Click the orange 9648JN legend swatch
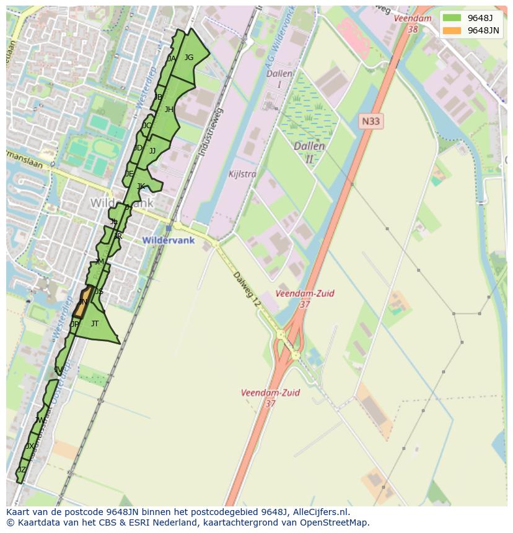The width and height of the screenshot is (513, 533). pos(452,30)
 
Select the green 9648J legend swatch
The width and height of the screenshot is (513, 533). pos(452,17)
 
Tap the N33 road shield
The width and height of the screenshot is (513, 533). pos(370,121)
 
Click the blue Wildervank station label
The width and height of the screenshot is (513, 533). pos(169,240)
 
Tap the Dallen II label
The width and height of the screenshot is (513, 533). pos(309,152)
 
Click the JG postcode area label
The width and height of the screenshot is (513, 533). pos(189,58)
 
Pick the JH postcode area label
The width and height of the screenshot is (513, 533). pos(169,110)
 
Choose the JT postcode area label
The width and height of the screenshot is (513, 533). pos(95,324)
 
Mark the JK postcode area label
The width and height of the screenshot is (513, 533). pos(141,186)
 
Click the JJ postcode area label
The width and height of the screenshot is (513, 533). pos(152,151)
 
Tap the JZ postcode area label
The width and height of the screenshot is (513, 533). pos(22,470)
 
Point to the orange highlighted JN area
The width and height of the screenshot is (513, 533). pos(83,302)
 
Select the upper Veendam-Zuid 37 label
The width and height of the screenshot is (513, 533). pos(305,298)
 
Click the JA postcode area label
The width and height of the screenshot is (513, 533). pos(172,59)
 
